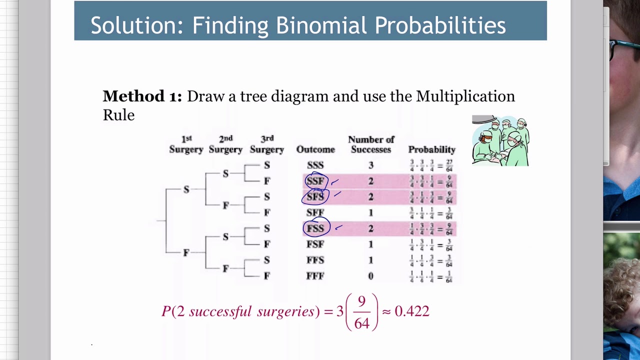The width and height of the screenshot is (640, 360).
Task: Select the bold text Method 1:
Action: click(142, 96)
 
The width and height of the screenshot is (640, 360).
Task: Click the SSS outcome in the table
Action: click(315, 165)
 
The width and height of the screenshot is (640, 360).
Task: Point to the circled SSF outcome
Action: click(315, 181)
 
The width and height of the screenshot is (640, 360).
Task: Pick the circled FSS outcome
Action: click(315, 228)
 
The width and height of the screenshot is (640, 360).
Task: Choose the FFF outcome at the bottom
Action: click(315, 276)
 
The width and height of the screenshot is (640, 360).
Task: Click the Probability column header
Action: click(431, 149)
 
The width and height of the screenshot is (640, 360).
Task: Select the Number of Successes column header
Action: click(371, 144)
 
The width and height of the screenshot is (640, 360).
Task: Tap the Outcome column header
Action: click(315, 149)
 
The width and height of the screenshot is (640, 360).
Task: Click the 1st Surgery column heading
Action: click(186, 144)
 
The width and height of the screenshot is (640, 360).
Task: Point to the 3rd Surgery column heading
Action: click(267, 144)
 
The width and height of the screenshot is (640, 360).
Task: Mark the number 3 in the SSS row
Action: click(371, 165)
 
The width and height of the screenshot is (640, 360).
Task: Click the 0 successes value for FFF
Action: click(371, 276)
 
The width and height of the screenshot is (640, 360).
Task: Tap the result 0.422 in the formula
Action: click(412, 311)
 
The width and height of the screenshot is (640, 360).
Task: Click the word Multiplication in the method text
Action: click(465, 96)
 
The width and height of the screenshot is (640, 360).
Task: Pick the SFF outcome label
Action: click(315, 212)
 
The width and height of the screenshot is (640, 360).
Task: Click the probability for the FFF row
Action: click(431, 276)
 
